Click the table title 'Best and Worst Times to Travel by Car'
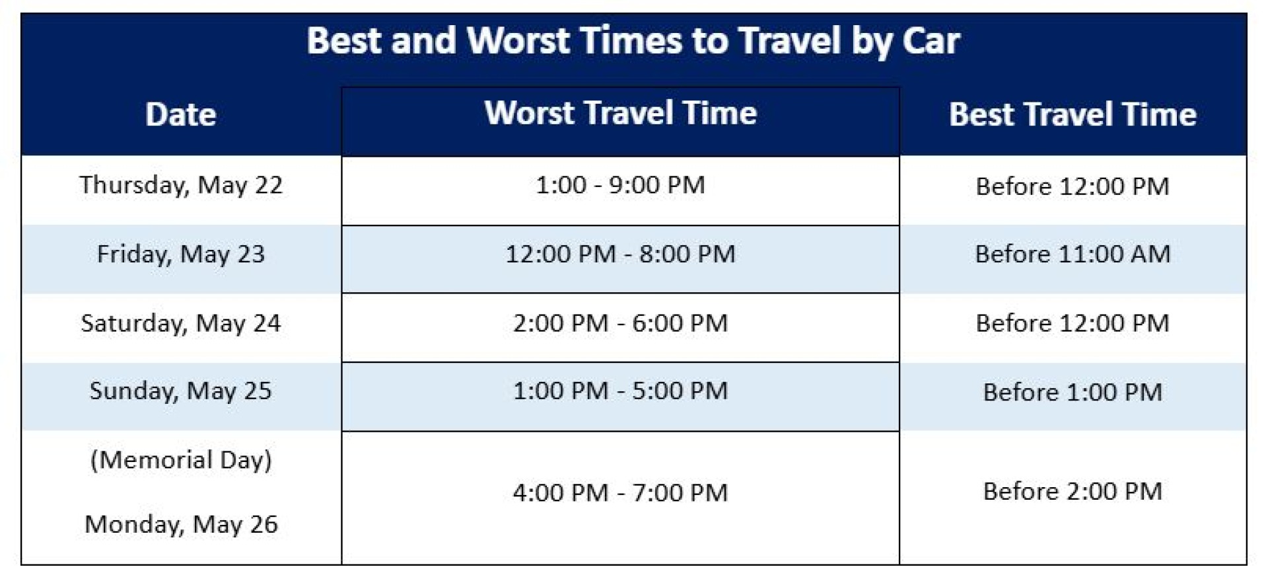point(633,41)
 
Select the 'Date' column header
point(181,114)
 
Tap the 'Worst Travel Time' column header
point(620,113)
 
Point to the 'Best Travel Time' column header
point(1073,114)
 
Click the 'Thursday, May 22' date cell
point(181,185)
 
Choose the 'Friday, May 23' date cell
point(181,254)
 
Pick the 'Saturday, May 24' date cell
point(181,323)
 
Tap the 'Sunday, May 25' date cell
point(181,391)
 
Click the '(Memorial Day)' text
point(181,459)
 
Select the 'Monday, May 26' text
point(181,524)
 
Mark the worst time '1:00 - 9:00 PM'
point(620,185)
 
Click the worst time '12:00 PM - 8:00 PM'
point(620,254)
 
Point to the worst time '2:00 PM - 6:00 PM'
point(620,323)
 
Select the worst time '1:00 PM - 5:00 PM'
point(620,391)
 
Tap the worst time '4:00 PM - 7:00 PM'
point(620,492)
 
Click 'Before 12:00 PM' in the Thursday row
point(1073,186)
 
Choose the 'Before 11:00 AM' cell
point(1073,254)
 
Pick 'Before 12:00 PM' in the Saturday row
point(1073,323)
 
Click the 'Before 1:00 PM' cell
point(1073,392)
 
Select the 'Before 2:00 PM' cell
point(1073,491)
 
